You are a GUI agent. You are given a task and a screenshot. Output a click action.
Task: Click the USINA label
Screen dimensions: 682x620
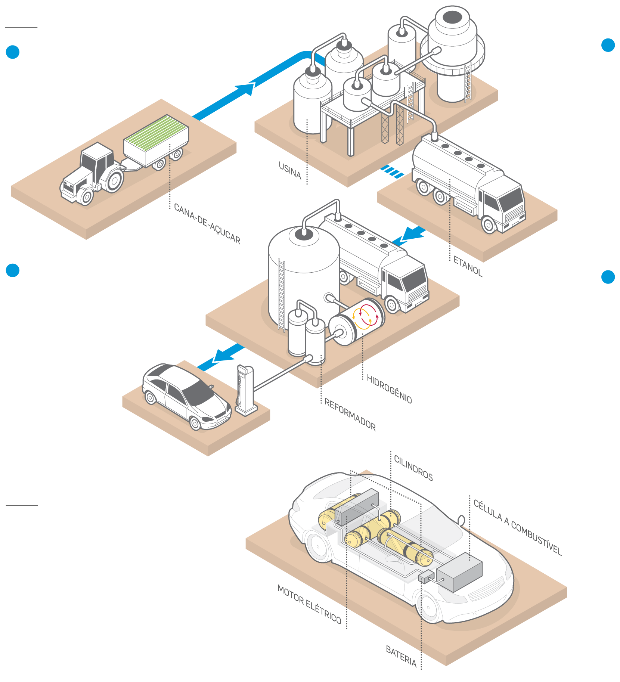(x=290, y=170)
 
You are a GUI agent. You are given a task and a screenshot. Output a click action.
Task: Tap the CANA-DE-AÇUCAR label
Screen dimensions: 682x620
(x=207, y=224)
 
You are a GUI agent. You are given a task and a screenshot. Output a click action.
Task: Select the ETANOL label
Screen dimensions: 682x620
(x=468, y=266)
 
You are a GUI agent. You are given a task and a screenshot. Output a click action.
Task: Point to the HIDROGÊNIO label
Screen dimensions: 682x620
(x=389, y=389)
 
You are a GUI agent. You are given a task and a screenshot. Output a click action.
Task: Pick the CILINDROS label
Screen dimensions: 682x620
(x=413, y=468)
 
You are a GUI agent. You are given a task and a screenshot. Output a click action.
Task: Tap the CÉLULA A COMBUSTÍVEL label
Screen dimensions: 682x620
(x=518, y=527)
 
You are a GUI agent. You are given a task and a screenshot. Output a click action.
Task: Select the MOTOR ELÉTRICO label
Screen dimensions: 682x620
(x=309, y=604)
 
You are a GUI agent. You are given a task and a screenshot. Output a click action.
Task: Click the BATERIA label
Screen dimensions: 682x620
(x=401, y=656)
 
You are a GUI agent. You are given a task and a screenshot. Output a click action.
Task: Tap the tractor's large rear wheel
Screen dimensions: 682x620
(x=114, y=181)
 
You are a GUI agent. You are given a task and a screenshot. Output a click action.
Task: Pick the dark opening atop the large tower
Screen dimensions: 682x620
(x=452, y=16)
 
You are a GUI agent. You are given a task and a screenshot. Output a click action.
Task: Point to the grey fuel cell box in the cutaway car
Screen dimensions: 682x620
(x=459, y=572)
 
